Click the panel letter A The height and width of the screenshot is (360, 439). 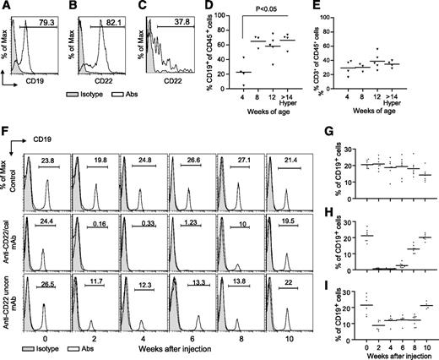pos(7,8)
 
